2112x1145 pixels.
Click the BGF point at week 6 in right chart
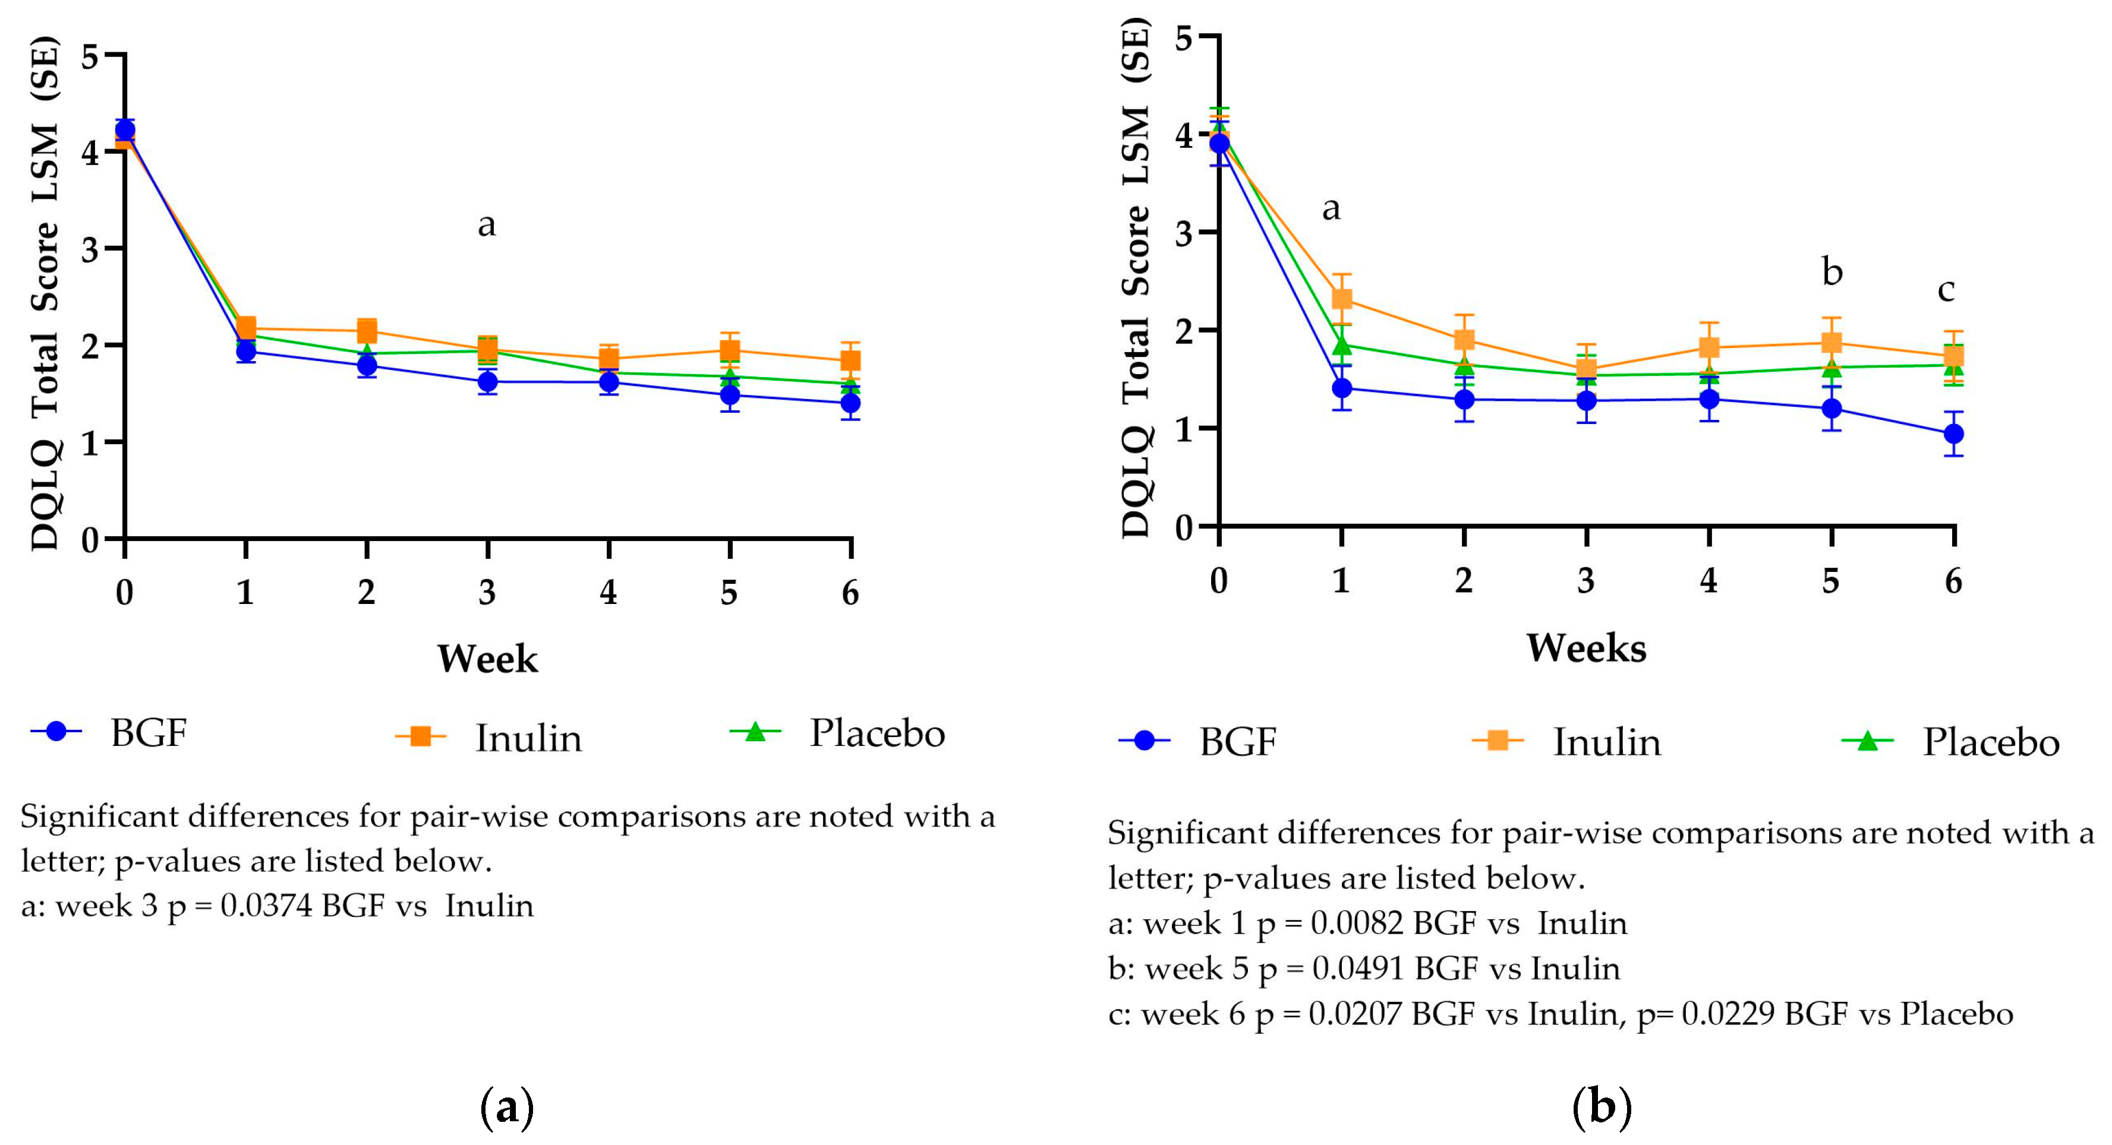pos(1954,434)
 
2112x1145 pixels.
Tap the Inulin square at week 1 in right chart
pos(1341,298)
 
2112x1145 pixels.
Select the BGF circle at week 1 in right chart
pos(1341,388)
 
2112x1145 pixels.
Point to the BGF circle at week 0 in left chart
pos(125,129)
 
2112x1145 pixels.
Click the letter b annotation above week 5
pos(1832,272)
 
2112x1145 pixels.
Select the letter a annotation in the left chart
pos(486,224)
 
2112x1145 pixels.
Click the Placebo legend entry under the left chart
pos(875,733)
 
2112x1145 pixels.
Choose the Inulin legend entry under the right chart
pos(1605,742)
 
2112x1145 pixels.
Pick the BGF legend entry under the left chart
pos(147,733)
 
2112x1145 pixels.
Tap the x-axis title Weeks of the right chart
pos(1585,649)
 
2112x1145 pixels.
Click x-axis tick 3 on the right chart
pos(1585,580)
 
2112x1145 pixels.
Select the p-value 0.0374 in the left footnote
pos(266,906)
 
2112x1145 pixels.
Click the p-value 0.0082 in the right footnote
pos(1357,923)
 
